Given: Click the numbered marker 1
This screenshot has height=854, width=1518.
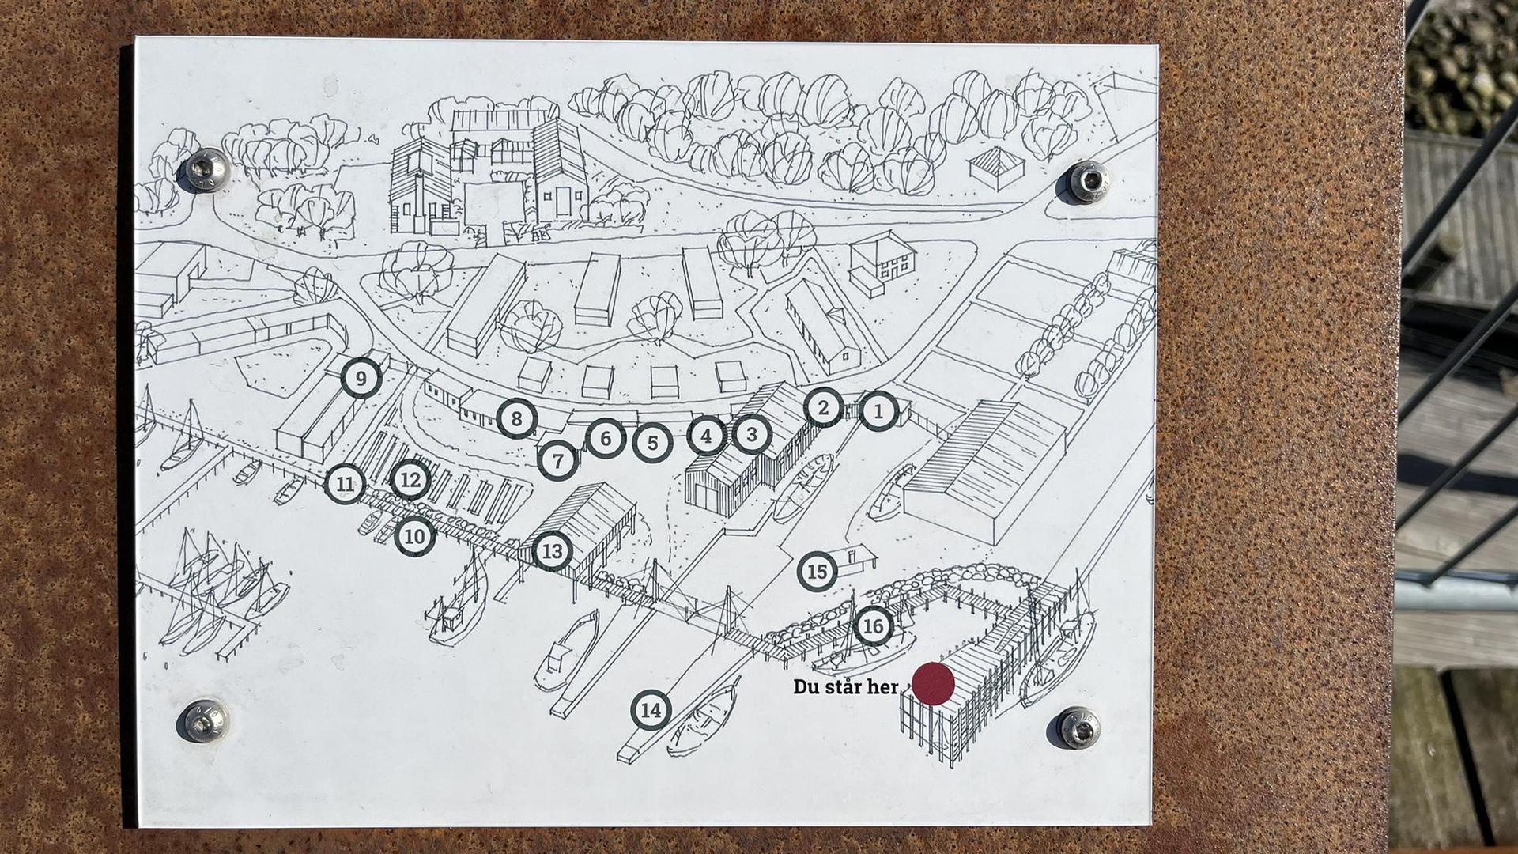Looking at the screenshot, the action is [x=878, y=411].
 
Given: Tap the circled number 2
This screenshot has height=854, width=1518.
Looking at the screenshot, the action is [x=823, y=408].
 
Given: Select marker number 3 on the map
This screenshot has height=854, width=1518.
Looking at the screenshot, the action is [x=752, y=434].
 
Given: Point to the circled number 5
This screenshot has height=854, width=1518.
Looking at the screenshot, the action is [x=652, y=444].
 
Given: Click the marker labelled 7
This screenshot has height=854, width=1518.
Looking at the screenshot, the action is [x=558, y=460].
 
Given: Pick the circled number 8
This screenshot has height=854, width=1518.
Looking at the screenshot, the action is [x=517, y=418].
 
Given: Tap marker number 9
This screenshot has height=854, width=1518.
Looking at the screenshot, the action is [x=361, y=379].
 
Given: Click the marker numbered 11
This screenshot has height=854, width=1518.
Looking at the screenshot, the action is [x=345, y=484].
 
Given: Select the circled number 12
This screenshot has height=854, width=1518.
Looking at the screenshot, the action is [x=410, y=480].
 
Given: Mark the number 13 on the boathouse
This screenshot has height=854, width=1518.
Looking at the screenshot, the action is [x=552, y=551].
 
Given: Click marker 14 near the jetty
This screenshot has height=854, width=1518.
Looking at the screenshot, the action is [x=651, y=711].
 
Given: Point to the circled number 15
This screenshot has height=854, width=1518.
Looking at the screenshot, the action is [x=818, y=572].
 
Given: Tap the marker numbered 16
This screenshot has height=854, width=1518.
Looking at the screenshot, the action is [x=873, y=627].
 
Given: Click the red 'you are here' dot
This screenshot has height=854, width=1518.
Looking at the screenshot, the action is [x=934, y=684].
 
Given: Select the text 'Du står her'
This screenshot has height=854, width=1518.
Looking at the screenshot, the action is [x=846, y=686].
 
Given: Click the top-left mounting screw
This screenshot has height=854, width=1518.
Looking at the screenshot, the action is [x=206, y=169].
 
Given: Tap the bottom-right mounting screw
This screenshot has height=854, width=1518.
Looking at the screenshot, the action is [x=1078, y=727].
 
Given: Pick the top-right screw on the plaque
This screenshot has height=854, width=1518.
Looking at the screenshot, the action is [x=1089, y=182].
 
